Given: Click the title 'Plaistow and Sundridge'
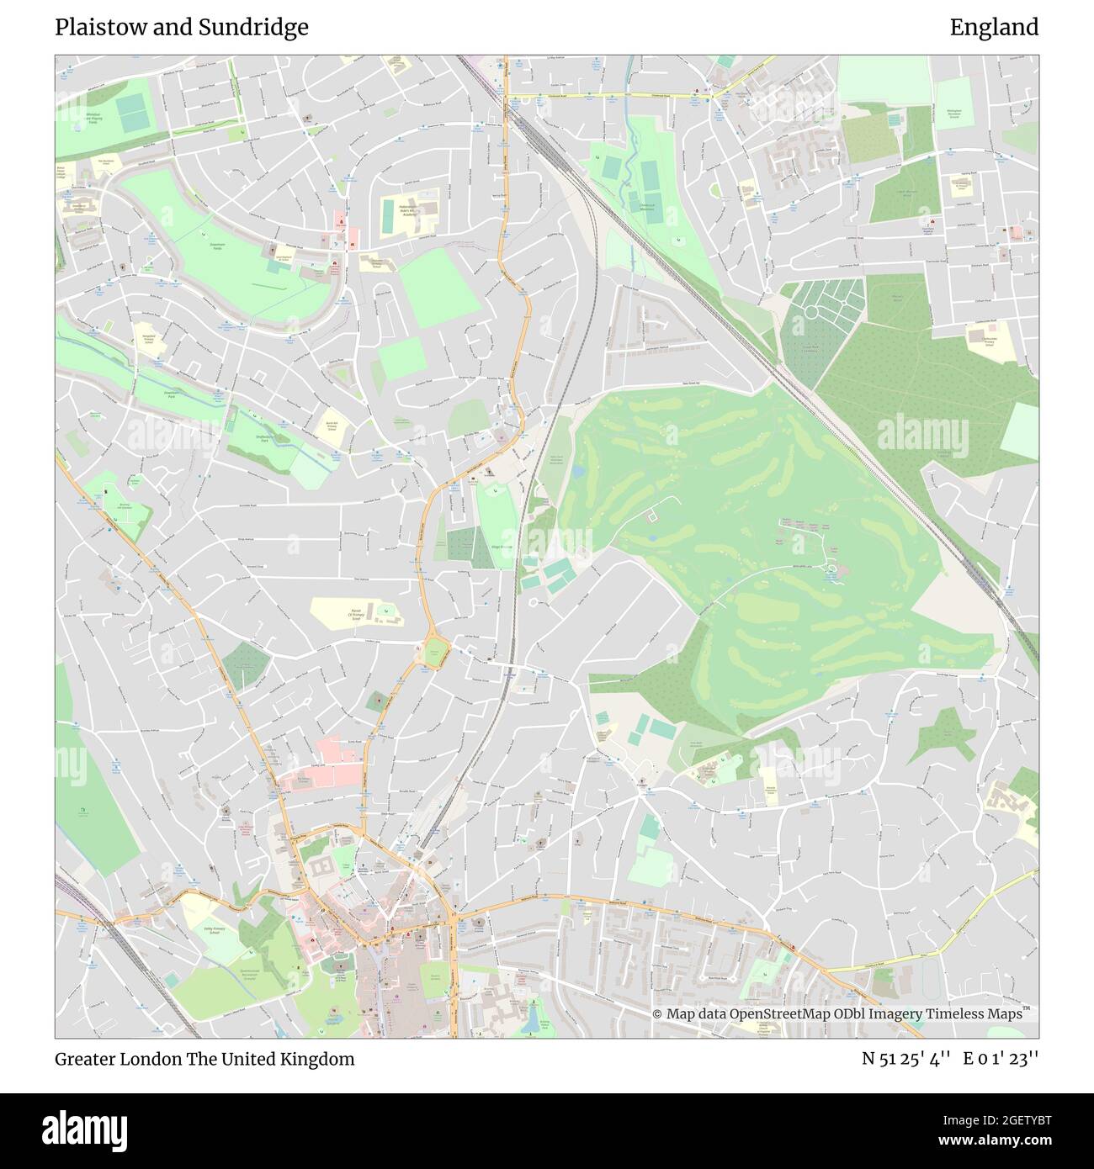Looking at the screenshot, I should (x=182, y=28).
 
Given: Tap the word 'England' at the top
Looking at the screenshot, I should (x=994, y=28).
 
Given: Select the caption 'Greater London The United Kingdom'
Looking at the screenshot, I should (x=204, y=1059).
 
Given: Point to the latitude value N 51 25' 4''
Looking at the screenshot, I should (x=906, y=1059).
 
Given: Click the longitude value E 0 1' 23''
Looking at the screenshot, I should (x=1001, y=1059).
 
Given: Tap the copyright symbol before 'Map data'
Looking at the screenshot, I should (x=658, y=1014).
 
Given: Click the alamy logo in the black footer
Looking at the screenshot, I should (x=84, y=1129).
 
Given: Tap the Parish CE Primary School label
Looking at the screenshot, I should (x=360, y=615).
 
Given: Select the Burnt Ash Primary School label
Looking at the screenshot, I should (x=332, y=426).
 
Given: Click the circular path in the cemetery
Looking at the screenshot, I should (x=811, y=312).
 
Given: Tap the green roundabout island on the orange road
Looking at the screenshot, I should (x=433, y=653).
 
